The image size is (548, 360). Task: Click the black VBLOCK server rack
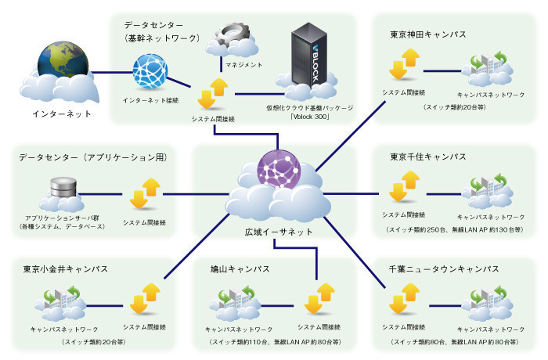[307, 53]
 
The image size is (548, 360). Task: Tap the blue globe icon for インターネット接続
[150, 72]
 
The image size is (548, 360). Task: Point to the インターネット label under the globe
[61, 114]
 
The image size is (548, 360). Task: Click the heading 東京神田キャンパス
[428, 35]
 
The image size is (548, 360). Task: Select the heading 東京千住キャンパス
[428, 157]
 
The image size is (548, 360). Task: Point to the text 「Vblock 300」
[311, 118]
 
